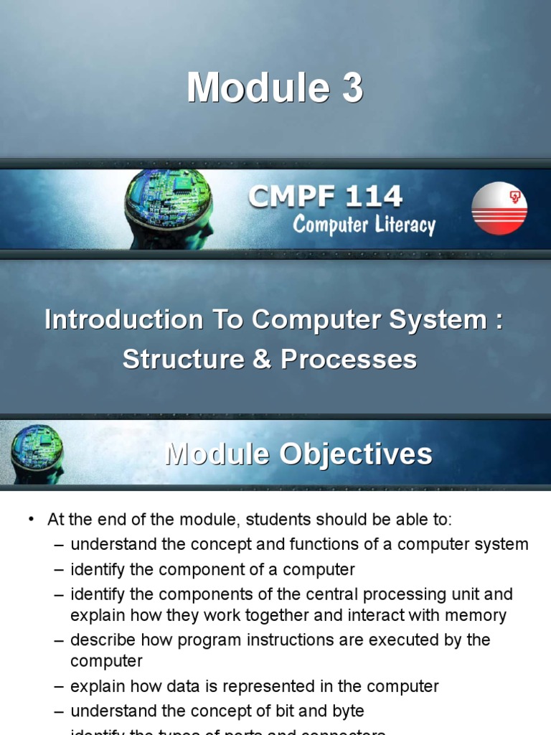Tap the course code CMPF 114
[325, 196]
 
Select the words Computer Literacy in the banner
[364, 225]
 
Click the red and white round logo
[499, 208]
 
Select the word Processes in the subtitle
[349, 359]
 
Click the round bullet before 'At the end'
[31, 520]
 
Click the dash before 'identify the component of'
[59, 571]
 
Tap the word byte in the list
[347, 711]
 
